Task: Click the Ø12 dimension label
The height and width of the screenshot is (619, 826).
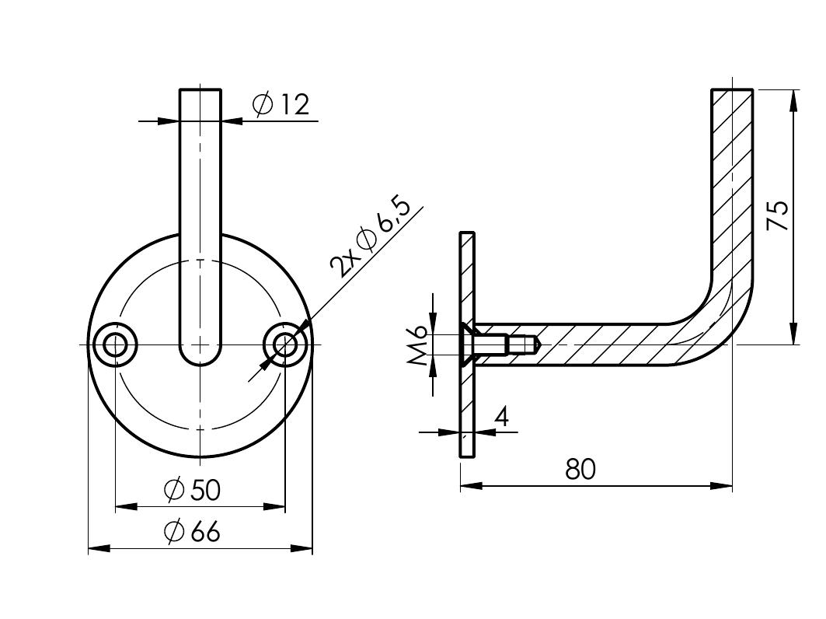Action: (281, 104)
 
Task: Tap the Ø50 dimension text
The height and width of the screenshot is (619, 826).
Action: (193, 490)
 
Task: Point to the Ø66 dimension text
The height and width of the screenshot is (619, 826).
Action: (193, 532)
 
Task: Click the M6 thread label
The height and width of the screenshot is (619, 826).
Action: (418, 344)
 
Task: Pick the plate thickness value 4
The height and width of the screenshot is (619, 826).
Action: (501, 417)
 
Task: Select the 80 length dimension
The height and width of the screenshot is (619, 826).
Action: (580, 470)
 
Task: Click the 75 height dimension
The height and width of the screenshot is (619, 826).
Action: (778, 215)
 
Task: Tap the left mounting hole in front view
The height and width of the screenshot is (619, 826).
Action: (115, 344)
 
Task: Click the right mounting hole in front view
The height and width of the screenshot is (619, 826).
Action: (286, 344)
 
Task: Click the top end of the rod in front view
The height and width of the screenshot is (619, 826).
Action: (200, 92)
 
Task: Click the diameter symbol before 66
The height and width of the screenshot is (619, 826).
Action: (174, 532)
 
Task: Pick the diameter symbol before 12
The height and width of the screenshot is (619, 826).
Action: (263, 104)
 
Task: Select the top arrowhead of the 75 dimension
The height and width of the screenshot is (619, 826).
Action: (793, 98)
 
